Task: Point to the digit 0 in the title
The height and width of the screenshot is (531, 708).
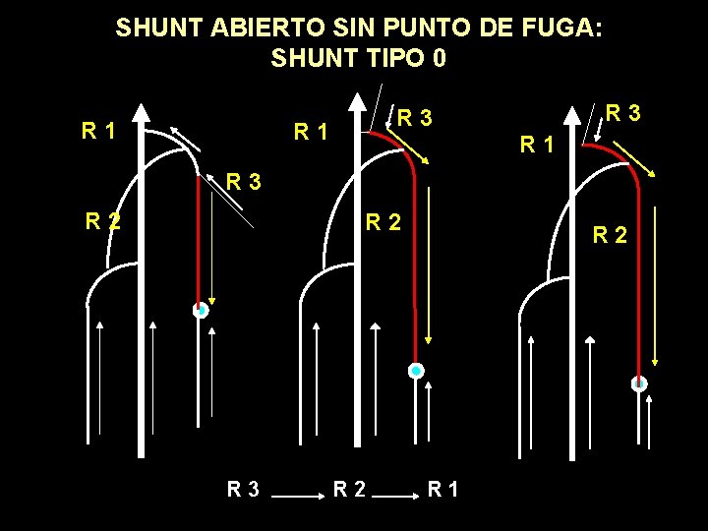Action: pos(439,58)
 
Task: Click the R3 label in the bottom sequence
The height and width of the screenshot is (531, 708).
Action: pos(244,488)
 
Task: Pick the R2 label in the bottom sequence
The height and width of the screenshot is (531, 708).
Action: pos(351,488)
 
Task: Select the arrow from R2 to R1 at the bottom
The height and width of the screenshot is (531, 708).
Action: pos(398,499)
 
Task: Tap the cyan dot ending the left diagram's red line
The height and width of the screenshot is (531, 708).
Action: pos(200,310)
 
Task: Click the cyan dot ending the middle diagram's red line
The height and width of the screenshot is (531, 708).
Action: pos(416,371)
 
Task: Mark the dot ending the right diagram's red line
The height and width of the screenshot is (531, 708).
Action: pos(639,383)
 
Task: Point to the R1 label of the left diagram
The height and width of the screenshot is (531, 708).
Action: pos(99,130)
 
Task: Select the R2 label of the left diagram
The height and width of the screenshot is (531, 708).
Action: pos(102,221)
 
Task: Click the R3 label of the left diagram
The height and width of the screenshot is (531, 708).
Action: pos(244,181)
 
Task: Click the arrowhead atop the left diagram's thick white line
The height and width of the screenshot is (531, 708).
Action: pos(141,112)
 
